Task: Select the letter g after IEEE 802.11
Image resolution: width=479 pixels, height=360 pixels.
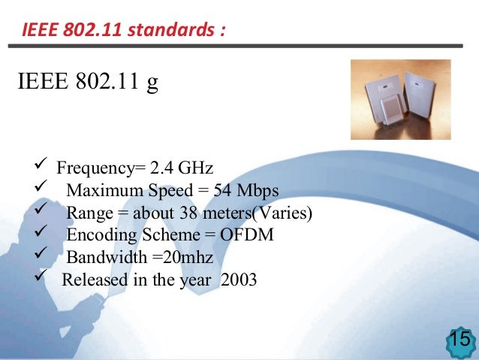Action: (152, 83)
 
